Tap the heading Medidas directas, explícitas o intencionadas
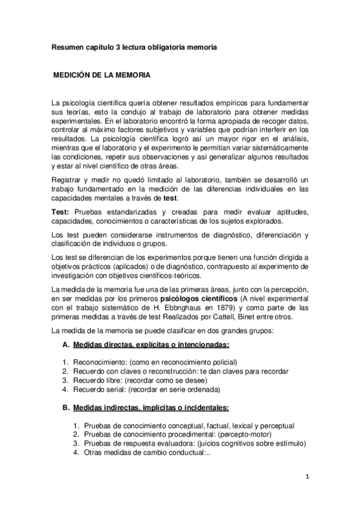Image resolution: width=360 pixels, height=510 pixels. [150, 345]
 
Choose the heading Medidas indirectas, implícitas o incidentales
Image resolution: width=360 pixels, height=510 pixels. [150, 407]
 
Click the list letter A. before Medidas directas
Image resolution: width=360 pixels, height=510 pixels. [66, 345]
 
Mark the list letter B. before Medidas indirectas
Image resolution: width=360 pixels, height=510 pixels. [66, 407]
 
